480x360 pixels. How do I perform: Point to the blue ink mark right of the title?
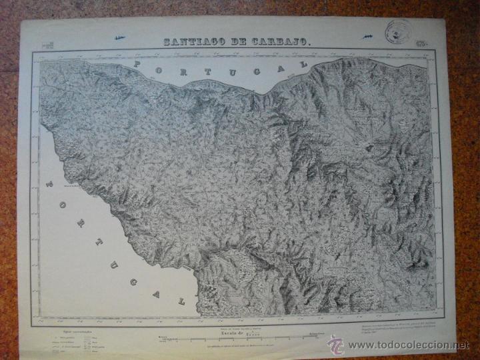click(368, 37)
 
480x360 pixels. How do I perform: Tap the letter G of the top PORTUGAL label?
click(253, 68)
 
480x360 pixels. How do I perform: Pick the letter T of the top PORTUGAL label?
click(205, 68)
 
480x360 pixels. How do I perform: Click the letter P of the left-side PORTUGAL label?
click(49, 181)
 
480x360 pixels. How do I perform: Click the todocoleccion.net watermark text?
click(409, 345)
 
